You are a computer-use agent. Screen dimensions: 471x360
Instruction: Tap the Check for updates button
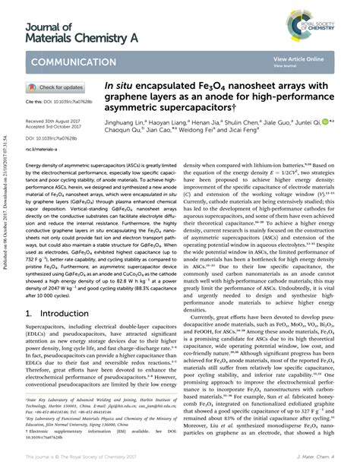coord(62,87)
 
